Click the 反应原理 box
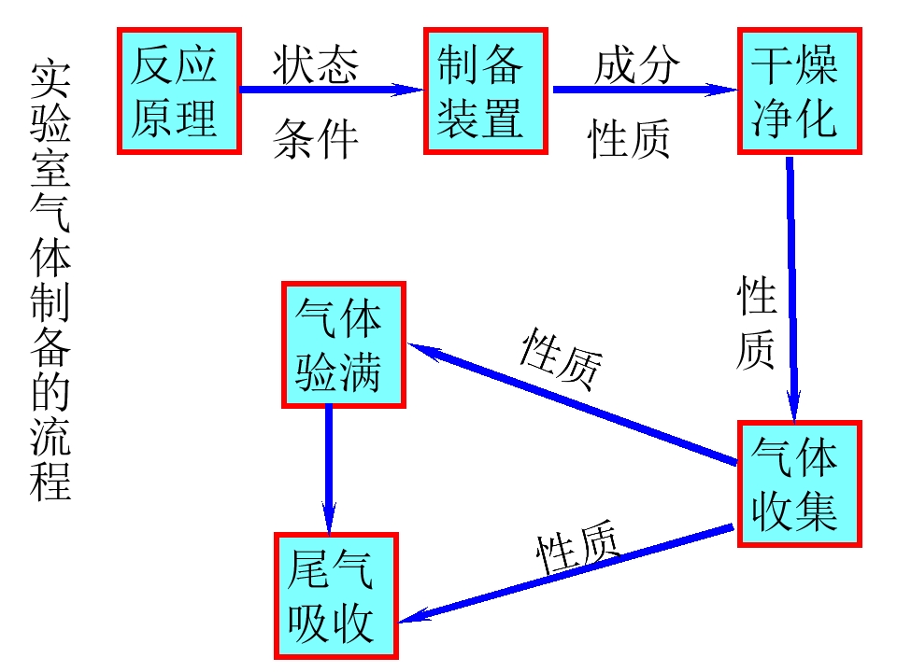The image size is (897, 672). point(178,91)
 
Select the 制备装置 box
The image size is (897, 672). point(485,91)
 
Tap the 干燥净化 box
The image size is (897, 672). point(800,91)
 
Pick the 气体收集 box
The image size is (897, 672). point(799,483)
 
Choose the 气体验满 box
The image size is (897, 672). point(344,344)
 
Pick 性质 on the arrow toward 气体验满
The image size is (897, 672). point(561,357)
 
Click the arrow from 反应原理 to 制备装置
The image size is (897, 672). point(333,90)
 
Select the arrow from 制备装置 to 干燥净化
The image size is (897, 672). point(645,90)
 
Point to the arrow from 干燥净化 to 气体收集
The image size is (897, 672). point(792,289)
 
